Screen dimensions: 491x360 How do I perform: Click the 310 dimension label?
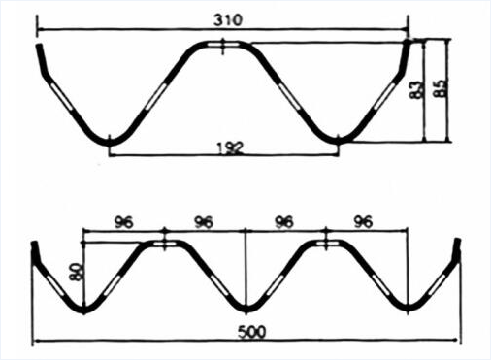pyautogui.click(x=228, y=20)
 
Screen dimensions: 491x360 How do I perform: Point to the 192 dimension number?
pyautogui.click(x=229, y=148)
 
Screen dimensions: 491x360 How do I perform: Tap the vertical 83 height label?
pyautogui.click(x=416, y=89)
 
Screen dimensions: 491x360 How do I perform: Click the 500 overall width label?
pyautogui.click(x=252, y=332)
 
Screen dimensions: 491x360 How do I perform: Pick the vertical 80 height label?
pyautogui.click(x=77, y=271)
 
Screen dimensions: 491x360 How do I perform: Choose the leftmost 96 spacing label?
pyautogui.click(x=123, y=222)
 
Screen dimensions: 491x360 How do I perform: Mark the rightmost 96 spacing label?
pyautogui.click(x=363, y=222)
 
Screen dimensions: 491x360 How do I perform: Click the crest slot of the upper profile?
pyautogui.click(x=223, y=45)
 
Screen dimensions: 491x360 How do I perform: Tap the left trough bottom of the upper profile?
pyautogui.click(x=109, y=142)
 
